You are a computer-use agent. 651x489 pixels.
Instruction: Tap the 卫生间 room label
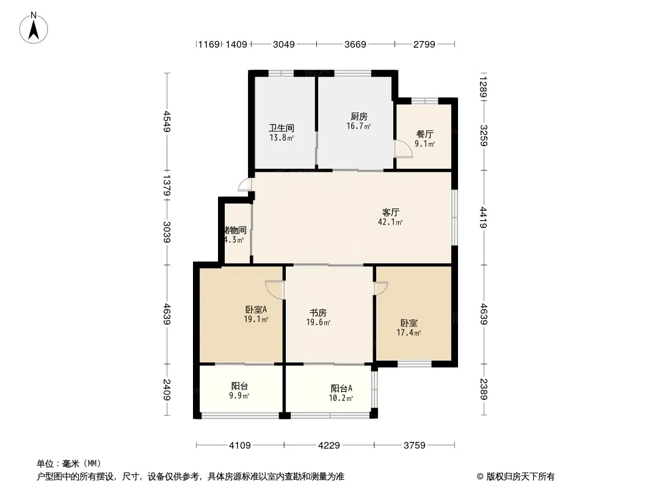tap(282, 128)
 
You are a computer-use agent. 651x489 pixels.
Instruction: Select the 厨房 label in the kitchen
tap(358, 117)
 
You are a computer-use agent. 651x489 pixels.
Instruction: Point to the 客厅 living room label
tap(391, 213)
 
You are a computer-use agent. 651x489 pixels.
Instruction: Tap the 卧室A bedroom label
tap(256, 309)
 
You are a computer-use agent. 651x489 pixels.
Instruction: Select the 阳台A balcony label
tap(341, 388)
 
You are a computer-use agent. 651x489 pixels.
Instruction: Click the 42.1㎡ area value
tap(391, 222)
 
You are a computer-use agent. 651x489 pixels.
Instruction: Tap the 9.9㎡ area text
tap(239, 396)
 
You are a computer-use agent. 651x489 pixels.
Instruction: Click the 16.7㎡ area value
tap(358, 127)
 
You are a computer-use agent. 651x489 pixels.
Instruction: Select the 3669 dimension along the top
tap(355, 44)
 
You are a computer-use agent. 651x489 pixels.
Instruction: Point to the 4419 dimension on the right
tap(483, 218)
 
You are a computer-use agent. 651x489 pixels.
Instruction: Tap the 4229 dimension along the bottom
tap(329, 445)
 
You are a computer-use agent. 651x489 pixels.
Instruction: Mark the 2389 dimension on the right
tap(483, 389)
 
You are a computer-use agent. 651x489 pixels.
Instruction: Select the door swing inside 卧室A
tap(275, 289)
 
